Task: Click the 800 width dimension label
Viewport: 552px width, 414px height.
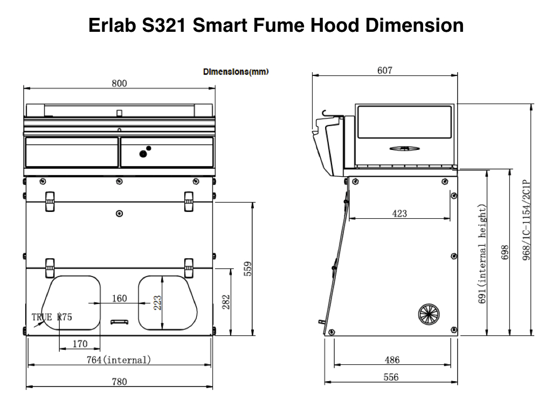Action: [119, 84]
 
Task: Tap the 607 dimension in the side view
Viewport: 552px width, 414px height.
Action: [384, 71]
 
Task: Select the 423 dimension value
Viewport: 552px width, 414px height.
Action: [399, 213]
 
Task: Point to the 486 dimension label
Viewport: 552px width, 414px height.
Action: [392, 360]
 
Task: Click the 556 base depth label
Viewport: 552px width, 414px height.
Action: [391, 377]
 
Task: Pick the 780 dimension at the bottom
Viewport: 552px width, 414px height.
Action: [119, 382]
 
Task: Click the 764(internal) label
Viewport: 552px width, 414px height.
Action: [119, 360]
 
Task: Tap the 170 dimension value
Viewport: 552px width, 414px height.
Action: [80, 343]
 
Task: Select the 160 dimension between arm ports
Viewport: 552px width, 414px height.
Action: [119, 299]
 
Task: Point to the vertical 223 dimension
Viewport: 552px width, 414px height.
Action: [157, 303]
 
